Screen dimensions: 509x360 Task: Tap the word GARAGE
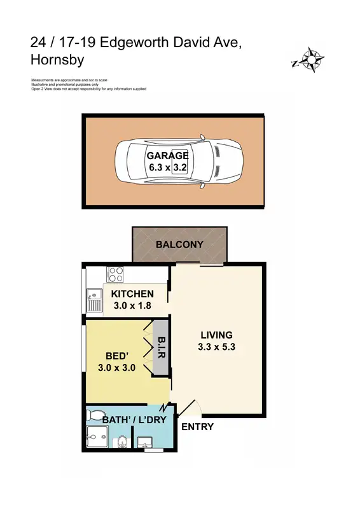pyautogui.click(x=167, y=156)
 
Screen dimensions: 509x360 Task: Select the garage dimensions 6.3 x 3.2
pyautogui.click(x=167, y=168)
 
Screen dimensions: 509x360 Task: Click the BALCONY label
pyautogui.click(x=179, y=244)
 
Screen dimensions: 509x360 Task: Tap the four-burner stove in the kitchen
pyautogui.click(x=116, y=274)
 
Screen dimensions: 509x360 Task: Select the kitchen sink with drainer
pyautogui.click(x=94, y=300)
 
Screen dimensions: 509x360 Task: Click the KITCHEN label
pyautogui.click(x=132, y=294)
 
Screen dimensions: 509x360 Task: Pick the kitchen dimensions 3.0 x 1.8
pyautogui.click(x=132, y=305)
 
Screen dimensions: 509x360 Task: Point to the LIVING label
pyautogui.click(x=216, y=335)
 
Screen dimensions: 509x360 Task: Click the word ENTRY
pyautogui.click(x=198, y=427)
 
